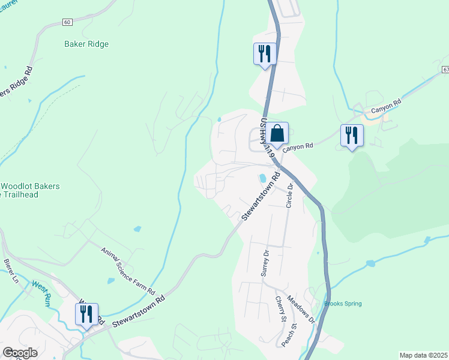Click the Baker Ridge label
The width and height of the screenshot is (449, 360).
pos(87,44)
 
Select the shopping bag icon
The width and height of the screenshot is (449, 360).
pos(277,133)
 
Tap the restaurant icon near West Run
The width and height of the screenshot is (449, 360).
pos(86,314)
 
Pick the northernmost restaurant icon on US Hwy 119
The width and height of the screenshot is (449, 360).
pos(264,54)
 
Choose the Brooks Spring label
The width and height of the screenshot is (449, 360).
pos(343,304)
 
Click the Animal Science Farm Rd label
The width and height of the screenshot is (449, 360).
pos(128,270)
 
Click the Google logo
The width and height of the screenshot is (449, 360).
pos(20,353)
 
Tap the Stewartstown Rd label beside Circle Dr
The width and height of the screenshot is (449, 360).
pos(261,196)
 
